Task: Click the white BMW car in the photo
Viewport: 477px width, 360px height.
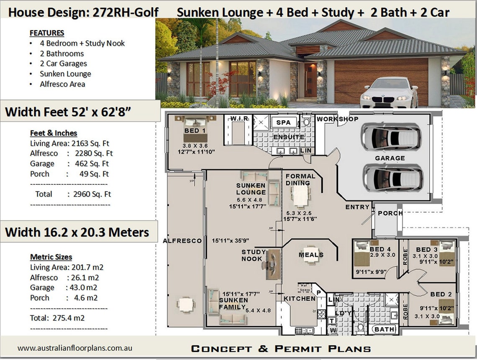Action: click(389, 92)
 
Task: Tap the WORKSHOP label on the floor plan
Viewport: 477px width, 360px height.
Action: click(337, 119)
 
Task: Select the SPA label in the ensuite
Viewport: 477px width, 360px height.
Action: click(286, 123)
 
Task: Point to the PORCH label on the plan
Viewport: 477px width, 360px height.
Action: click(390, 213)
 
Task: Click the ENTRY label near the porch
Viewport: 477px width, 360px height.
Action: click(357, 207)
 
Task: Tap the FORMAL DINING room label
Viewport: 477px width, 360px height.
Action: click(298, 179)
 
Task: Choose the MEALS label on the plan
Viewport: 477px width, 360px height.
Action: click(311, 255)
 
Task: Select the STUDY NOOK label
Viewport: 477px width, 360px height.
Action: click(253, 255)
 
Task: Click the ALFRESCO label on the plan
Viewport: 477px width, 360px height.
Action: click(182, 241)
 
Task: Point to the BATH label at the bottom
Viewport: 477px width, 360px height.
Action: click(384, 329)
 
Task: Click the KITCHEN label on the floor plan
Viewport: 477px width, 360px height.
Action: click(300, 299)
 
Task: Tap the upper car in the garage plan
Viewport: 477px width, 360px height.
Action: click(391, 137)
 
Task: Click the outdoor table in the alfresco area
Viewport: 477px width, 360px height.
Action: click(185, 304)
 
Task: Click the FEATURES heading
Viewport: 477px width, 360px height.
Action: click(47, 33)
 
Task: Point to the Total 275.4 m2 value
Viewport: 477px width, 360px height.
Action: click(57, 318)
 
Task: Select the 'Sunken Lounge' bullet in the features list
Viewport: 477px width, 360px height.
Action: click(66, 74)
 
